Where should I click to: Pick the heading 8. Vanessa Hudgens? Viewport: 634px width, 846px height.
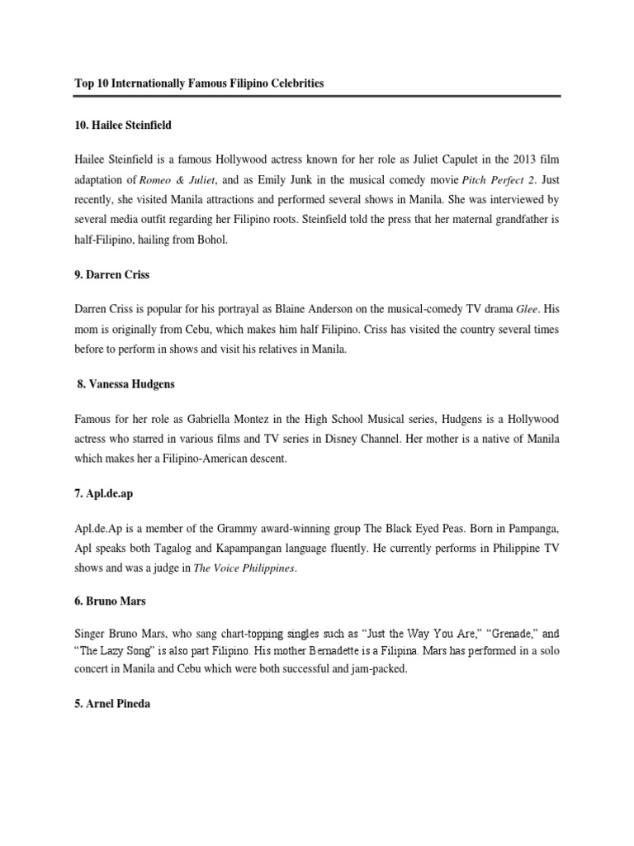[125, 384]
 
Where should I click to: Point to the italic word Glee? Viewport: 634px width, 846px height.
[526, 310]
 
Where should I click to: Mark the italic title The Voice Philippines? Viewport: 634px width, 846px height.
[244, 569]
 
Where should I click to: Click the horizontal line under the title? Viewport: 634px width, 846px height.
[317, 96]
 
